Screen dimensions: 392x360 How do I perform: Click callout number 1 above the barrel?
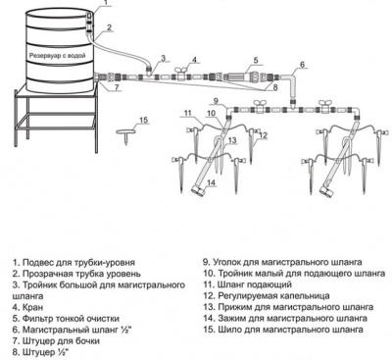[x=106, y=2]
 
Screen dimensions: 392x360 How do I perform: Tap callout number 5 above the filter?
[x=256, y=60]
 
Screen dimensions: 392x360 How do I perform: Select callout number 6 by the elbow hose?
[x=302, y=65]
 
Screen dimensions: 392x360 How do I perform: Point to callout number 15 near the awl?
[x=144, y=120]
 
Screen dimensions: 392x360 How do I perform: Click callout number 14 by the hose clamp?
[x=212, y=182]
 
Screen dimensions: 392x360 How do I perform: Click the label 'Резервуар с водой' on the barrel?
[x=58, y=56]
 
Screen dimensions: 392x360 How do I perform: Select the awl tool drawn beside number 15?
[x=125, y=135]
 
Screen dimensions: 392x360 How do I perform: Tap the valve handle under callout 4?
[x=180, y=70]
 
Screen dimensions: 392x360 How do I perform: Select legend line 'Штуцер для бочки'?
[x=61, y=341]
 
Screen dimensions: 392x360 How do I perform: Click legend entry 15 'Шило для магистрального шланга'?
[x=283, y=330]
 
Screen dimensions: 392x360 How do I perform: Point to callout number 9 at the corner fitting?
[x=216, y=100]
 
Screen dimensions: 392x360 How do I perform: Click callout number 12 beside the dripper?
[x=264, y=134]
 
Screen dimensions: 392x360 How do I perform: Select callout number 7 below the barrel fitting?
[x=117, y=87]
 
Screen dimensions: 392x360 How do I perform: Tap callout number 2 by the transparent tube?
[x=110, y=27]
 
